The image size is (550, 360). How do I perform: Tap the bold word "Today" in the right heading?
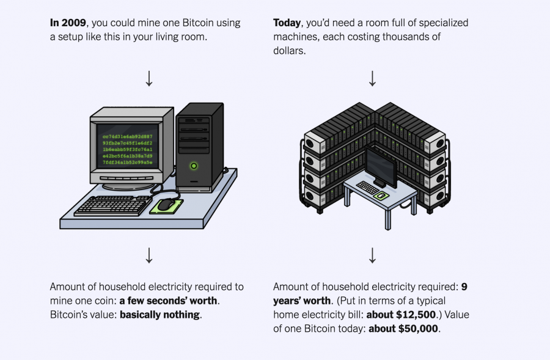tap(287, 23)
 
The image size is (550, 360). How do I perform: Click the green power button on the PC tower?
tap(194, 165)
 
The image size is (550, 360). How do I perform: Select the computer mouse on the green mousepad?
tap(165, 205)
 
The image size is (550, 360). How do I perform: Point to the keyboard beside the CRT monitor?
tap(113, 205)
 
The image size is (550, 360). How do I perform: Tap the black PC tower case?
tap(199, 144)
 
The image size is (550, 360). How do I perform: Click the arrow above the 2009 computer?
tap(148, 78)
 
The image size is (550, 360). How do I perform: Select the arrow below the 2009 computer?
tap(148, 255)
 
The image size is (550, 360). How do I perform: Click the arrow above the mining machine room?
tap(372, 78)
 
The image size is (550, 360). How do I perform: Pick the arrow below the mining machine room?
tap(372, 255)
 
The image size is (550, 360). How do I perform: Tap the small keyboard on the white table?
tap(368, 188)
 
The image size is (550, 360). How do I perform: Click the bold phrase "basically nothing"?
tap(159, 315)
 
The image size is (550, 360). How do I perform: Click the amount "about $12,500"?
tap(412, 315)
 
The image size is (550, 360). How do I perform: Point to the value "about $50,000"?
tap(404, 329)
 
